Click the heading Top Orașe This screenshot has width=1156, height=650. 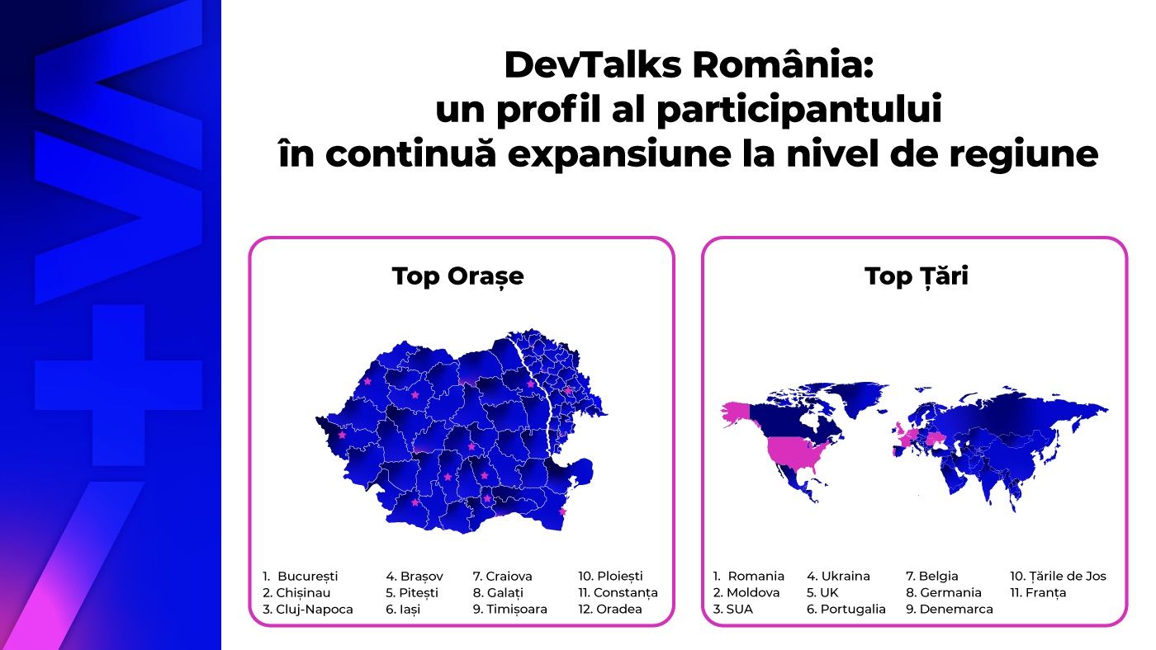pos(457,277)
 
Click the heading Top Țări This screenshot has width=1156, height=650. pos(916,276)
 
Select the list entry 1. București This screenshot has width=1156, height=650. pos(301,577)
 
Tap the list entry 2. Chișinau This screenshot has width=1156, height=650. pos(296,593)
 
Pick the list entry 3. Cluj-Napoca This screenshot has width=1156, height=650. pos(307,610)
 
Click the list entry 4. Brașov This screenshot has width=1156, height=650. pos(415,577)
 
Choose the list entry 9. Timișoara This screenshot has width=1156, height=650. pos(510,610)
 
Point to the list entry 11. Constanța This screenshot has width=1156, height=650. pos(618,593)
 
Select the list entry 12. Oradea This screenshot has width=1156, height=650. pos(610,610)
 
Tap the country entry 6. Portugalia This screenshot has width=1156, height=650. pos(846,610)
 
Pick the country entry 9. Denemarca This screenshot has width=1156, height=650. pos(950,610)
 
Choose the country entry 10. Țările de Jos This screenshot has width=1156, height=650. pos(1058,577)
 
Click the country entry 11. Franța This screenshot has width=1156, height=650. pos(1038,593)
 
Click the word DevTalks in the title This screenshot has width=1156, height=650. pos(593,65)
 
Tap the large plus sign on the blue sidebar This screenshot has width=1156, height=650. pos(118,385)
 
